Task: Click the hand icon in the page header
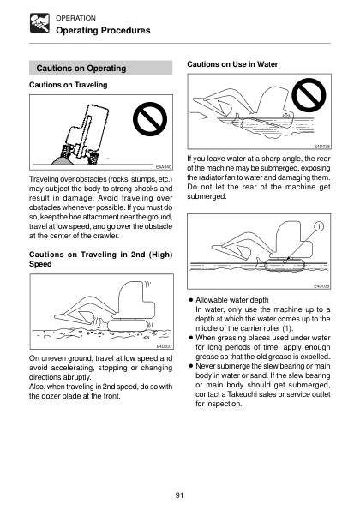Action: point(39,23)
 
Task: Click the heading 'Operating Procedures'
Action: point(103,31)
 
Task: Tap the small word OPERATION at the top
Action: point(75,18)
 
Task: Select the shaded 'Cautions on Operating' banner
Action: point(101,68)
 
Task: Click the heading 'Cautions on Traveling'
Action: point(69,85)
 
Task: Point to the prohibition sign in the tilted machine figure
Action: point(150,119)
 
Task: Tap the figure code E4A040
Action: point(164,167)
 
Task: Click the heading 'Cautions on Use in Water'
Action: point(232,64)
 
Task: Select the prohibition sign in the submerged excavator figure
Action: point(309,95)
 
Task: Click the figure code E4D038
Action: point(322,147)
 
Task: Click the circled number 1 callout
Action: point(320,226)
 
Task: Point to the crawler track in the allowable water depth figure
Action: point(285,265)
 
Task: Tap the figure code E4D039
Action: point(321,286)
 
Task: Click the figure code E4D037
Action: point(165,346)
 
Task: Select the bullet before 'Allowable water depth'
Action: point(191,300)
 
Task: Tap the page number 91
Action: point(179,495)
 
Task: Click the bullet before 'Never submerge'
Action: point(191,366)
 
